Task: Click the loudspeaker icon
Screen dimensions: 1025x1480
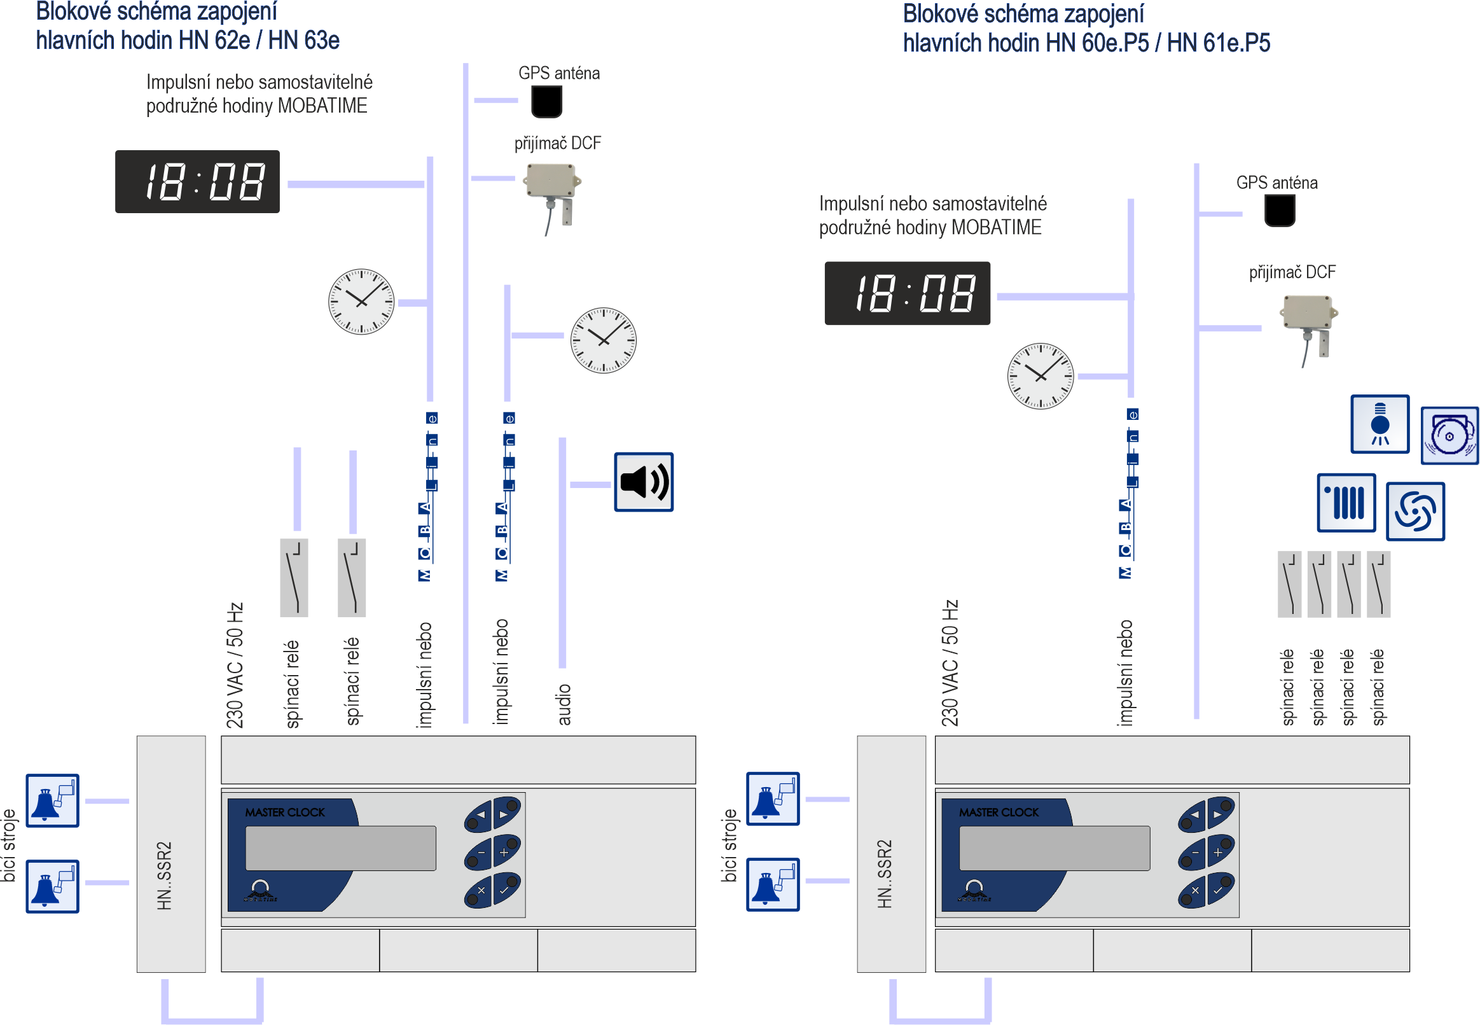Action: [643, 482]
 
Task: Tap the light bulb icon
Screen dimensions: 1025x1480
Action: [1380, 424]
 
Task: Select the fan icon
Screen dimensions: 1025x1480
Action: [1414, 511]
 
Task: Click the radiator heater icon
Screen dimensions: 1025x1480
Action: [1345, 503]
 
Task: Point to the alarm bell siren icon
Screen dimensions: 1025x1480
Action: [1449, 435]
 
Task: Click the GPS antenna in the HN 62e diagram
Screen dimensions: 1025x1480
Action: [546, 101]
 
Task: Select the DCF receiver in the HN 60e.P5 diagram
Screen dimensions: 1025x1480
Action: [1308, 321]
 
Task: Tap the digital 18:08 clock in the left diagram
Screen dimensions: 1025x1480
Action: [197, 182]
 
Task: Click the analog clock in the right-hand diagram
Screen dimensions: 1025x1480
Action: [1040, 375]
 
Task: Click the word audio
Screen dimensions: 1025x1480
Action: [564, 704]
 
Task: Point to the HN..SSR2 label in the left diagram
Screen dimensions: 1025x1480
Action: [164, 875]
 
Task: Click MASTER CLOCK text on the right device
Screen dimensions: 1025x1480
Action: [998, 812]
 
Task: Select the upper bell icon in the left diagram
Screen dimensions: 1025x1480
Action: [52, 800]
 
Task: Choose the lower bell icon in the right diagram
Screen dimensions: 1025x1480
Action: [772, 884]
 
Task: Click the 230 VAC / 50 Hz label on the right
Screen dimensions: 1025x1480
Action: [949, 663]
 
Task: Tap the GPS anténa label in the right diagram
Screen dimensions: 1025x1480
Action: [1276, 183]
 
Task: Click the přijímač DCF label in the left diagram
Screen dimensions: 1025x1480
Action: [557, 143]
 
